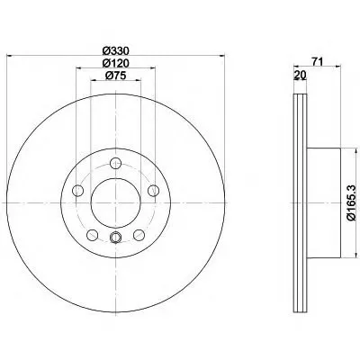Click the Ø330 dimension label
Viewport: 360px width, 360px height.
115,50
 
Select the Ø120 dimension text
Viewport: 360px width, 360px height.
115,63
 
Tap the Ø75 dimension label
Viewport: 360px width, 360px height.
115,76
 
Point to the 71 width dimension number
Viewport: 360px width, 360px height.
317,62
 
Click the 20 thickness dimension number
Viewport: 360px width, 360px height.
300,75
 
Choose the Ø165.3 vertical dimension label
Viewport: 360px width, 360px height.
351,202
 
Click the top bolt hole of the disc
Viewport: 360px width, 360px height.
115,164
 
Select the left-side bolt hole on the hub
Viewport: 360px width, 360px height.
78,191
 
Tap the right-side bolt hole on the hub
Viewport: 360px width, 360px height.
153,191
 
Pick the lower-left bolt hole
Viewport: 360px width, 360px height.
92,235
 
